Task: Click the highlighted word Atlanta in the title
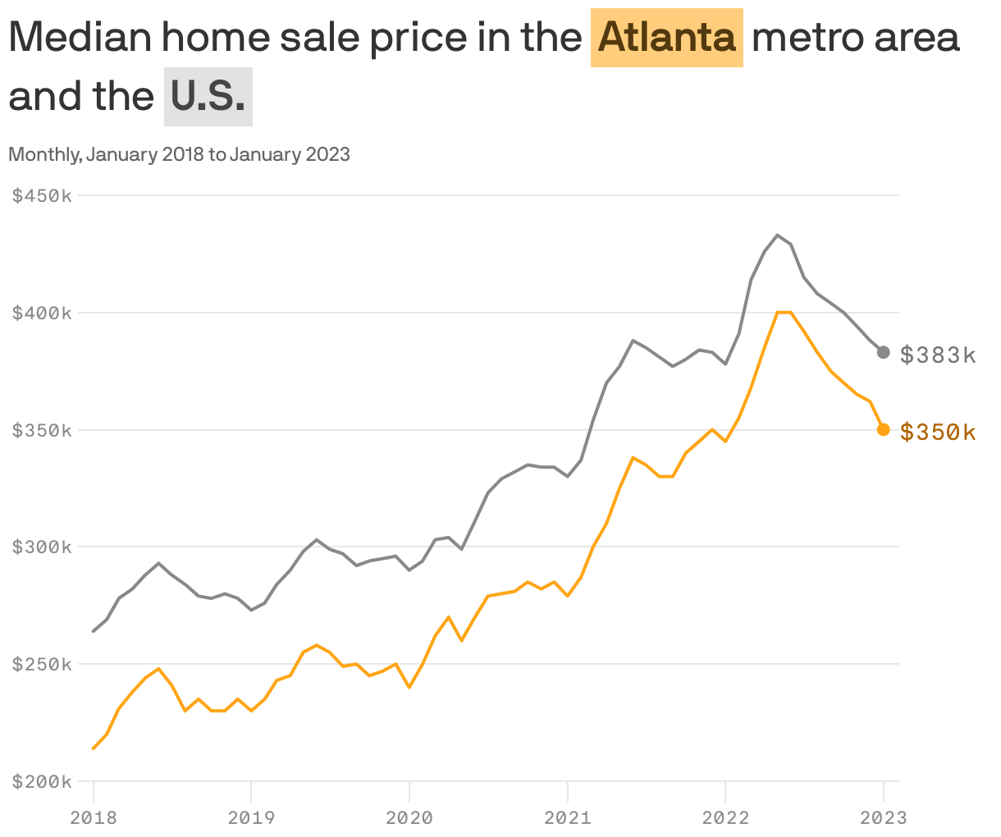click(666, 38)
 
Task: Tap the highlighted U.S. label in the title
click(208, 97)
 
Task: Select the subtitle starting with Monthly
click(179, 154)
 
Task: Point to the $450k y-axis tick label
click(42, 196)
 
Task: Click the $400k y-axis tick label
click(42, 313)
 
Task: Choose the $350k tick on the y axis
click(42, 430)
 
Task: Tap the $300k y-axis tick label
click(42, 547)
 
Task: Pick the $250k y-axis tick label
click(42, 664)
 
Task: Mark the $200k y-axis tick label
click(42, 781)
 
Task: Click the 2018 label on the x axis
click(94, 817)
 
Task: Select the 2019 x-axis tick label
click(251, 817)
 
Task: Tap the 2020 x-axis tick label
click(409, 817)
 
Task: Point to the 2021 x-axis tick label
click(568, 817)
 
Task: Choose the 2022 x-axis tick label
click(725, 817)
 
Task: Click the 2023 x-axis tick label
click(884, 817)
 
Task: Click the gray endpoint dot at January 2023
click(884, 352)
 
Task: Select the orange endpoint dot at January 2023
click(884, 429)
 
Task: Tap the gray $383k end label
click(938, 355)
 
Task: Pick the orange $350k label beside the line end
click(938, 432)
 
